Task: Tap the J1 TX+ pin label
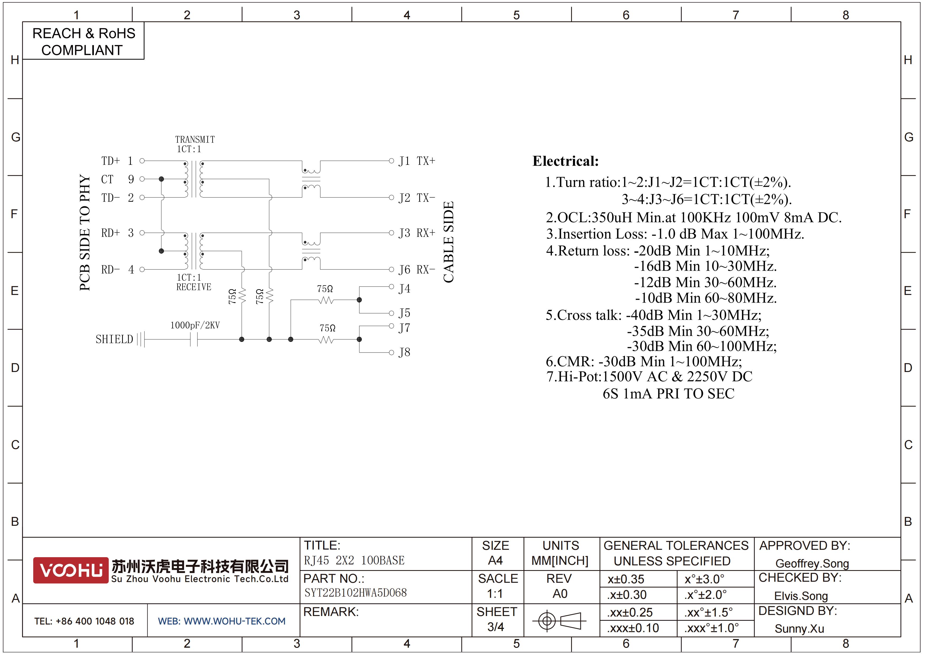(x=417, y=161)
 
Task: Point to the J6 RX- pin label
(x=417, y=270)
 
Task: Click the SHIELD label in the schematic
(x=114, y=339)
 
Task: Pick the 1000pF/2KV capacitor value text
(x=195, y=325)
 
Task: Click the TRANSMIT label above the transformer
(x=195, y=139)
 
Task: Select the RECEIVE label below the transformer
(x=194, y=287)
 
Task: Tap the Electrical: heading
(x=566, y=161)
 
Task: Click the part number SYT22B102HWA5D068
(x=356, y=593)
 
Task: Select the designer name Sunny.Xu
(x=799, y=629)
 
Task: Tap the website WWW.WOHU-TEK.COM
(x=234, y=621)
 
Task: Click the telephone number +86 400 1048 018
(x=95, y=621)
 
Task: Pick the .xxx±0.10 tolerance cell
(x=634, y=628)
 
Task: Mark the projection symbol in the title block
(x=559, y=620)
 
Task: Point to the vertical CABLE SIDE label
(x=449, y=242)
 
